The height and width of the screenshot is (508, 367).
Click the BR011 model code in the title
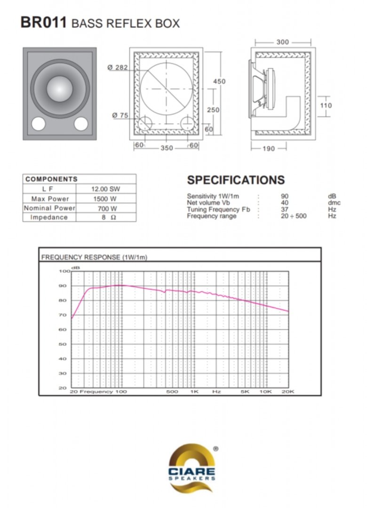point(43,23)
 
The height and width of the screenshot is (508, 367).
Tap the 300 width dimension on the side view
point(283,42)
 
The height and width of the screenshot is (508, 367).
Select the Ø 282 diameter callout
point(117,67)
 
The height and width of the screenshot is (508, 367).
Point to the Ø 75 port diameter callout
point(120,115)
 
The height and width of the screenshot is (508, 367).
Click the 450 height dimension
point(219,81)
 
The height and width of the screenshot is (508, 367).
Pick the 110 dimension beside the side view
point(326,105)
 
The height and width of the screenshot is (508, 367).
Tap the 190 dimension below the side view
point(269,148)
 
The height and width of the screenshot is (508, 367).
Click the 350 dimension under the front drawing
point(167,148)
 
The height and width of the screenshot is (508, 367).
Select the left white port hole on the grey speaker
point(38,123)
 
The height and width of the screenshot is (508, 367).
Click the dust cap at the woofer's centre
point(60,88)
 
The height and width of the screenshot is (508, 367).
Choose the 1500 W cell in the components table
point(105,199)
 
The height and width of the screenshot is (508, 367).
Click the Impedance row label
point(49,217)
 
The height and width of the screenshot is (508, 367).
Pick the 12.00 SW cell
point(106,189)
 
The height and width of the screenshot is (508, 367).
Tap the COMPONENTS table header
point(52,179)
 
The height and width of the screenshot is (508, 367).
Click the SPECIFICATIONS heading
point(236,180)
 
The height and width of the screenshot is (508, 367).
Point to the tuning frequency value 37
point(285,209)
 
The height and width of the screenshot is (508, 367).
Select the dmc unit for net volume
point(334,203)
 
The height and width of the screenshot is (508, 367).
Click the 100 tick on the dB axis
point(64,271)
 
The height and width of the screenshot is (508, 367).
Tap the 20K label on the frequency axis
point(288,391)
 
